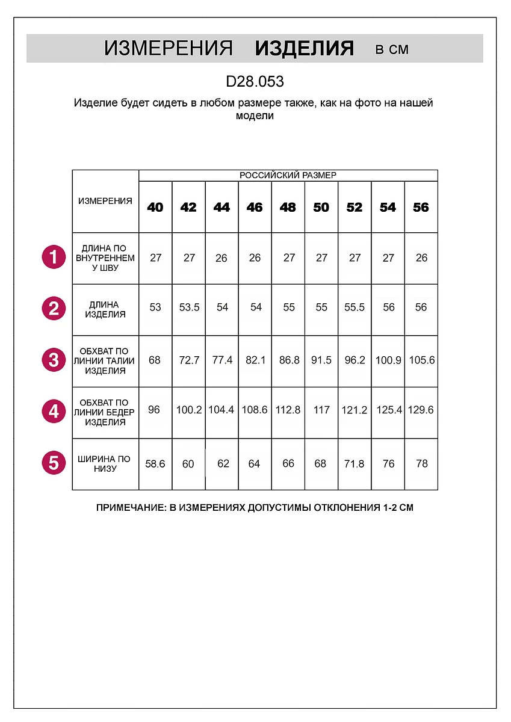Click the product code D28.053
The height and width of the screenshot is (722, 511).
pyautogui.click(x=255, y=81)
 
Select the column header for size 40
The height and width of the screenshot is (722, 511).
pyautogui.click(x=155, y=207)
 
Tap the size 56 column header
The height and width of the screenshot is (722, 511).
pyautogui.click(x=421, y=207)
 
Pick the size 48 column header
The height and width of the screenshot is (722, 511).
pyautogui.click(x=288, y=207)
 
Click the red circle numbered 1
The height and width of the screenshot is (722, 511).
pyautogui.click(x=54, y=258)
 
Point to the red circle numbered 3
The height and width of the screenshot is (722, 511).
pyautogui.click(x=54, y=360)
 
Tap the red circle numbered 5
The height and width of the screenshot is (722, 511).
pyautogui.click(x=54, y=463)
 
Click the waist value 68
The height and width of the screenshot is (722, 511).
pyautogui.click(x=155, y=360)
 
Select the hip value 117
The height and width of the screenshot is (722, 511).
pyautogui.click(x=322, y=410)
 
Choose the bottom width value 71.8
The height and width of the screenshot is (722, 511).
pyautogui.click(x=355, y=464)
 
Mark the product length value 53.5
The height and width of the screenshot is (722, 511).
pyautogui.click(x=189, y=307)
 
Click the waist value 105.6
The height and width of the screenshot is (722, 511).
pyautogui.click(x=422, y=360)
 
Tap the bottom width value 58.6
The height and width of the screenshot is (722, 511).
pyautogui.click(x=155, y=464)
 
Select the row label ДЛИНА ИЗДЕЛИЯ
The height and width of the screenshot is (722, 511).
pyautogui.click(x=105, y=309)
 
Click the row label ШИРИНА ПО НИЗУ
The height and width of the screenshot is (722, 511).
pyautogui.click(x=105, y=464)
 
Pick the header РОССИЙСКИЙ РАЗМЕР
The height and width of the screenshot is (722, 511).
pyautogui.click(x=288, y=175)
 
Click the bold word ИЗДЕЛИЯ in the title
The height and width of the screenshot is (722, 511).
pyautogui.click(x=304, y=49)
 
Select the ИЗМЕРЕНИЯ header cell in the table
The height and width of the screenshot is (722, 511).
pyautogui.click(x=105, y=201)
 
